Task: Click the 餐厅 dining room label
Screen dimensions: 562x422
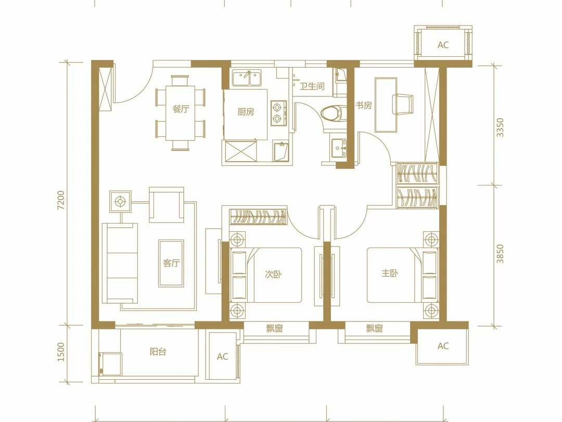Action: click(180, 109)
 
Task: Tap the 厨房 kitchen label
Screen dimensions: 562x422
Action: click(246, 112)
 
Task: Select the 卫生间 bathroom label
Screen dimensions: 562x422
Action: click(312, 86)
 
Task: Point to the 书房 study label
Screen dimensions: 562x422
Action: click(363, 105)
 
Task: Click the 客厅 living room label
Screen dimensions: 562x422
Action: click(171, 263)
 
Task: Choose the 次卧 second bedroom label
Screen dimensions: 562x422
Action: click(273, 275)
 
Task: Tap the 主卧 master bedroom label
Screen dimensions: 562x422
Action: click(390, 274)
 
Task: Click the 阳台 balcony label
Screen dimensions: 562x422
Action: click(158, 352)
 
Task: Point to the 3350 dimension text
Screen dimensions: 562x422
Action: click(500, 128)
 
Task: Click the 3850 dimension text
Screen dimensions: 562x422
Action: click(500, 254)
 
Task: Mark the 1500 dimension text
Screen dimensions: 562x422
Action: click(61, 352)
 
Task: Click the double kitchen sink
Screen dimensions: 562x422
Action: click(246, 78)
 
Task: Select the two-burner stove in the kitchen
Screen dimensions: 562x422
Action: click(279, 113)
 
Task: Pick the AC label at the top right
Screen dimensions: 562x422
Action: click(443, 45)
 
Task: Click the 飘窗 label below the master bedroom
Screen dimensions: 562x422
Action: click(375, 328)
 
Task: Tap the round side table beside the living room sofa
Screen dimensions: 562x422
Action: click(120, 201)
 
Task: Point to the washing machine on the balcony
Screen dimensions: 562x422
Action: click(110, 364)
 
